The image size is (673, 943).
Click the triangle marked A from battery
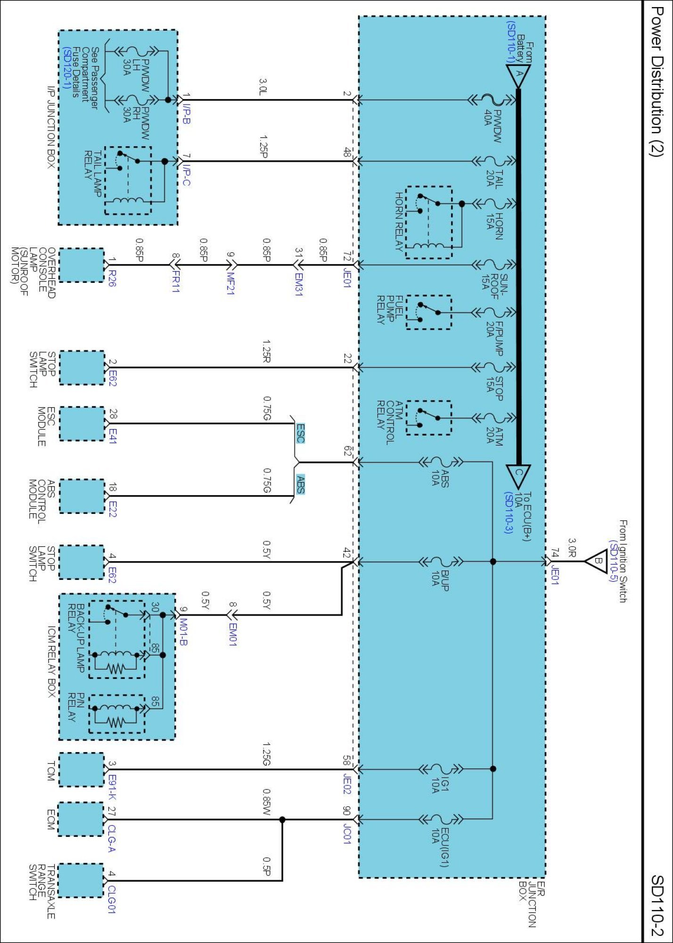pos(518,74)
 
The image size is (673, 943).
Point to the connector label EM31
pos(298,284)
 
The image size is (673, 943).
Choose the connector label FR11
pos(175,281)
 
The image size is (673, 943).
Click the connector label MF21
pos(230,283)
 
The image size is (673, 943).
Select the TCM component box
pos(81,769)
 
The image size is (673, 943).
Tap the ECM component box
pos(81,819)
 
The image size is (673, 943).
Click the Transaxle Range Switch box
pos(81,880)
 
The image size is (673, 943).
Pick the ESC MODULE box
pos(81,424)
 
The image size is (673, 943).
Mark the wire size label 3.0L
pos(263,87)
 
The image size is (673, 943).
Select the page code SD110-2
pos(657,905)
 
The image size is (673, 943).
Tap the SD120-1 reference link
pos(66,68)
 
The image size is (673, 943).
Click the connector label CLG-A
pos(112,838)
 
